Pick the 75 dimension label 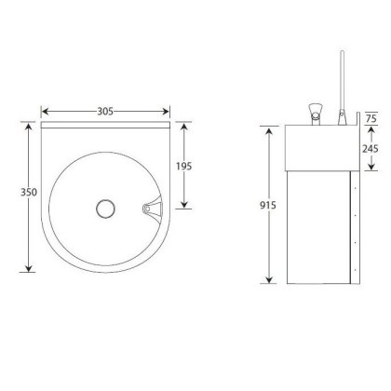371,118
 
